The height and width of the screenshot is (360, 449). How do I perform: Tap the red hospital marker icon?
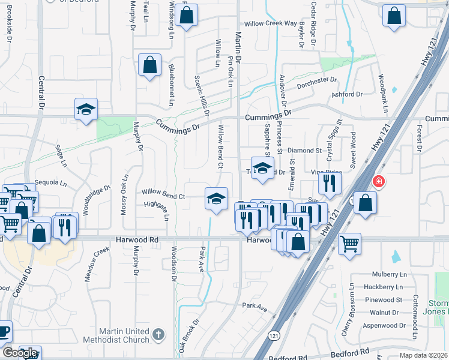379,181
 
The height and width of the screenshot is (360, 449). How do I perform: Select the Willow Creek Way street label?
274,23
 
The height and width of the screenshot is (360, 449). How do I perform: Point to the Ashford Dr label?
347,94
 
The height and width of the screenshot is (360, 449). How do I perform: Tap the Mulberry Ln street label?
385,274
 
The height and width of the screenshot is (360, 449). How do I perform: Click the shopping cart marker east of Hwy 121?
349,244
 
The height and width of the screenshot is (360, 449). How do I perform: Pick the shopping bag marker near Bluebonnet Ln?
149,65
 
